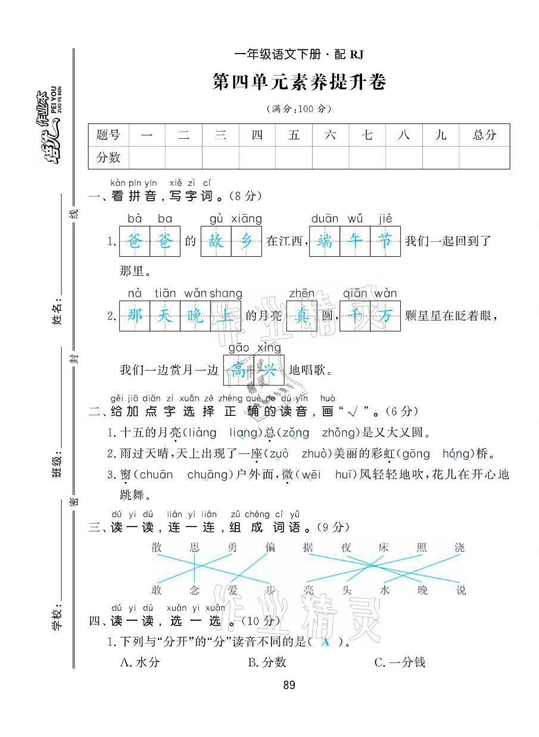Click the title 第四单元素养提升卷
(300, 82)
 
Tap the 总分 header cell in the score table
(484, 135)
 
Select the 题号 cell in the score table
(108, 135)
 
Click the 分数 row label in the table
(108, 157)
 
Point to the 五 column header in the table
(294, 135)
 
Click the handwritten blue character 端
(325, 241)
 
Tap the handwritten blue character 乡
(246, 241)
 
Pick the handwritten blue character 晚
(195, 316)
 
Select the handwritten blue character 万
(385, 316)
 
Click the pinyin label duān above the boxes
(325, 219)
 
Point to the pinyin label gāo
(238, 347)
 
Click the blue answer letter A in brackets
(325, 642)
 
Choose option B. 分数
(267, 662)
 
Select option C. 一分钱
(400, 662)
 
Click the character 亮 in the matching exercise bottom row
(308, 590)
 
